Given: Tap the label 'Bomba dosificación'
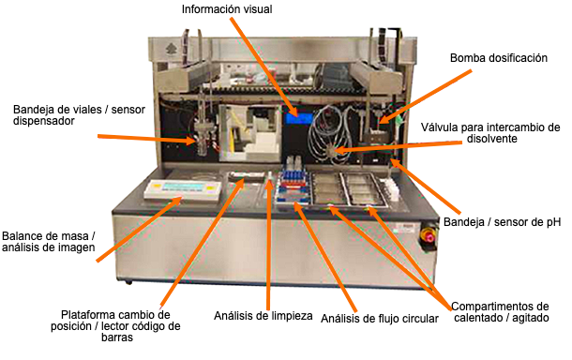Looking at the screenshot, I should click(498, 58).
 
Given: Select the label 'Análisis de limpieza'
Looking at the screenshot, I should click(262, 316).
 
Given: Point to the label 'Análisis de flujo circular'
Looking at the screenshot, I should click(380, 319).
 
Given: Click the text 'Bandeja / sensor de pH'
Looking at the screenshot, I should click(510, 223).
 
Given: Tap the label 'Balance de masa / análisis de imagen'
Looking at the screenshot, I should click(47, 243).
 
